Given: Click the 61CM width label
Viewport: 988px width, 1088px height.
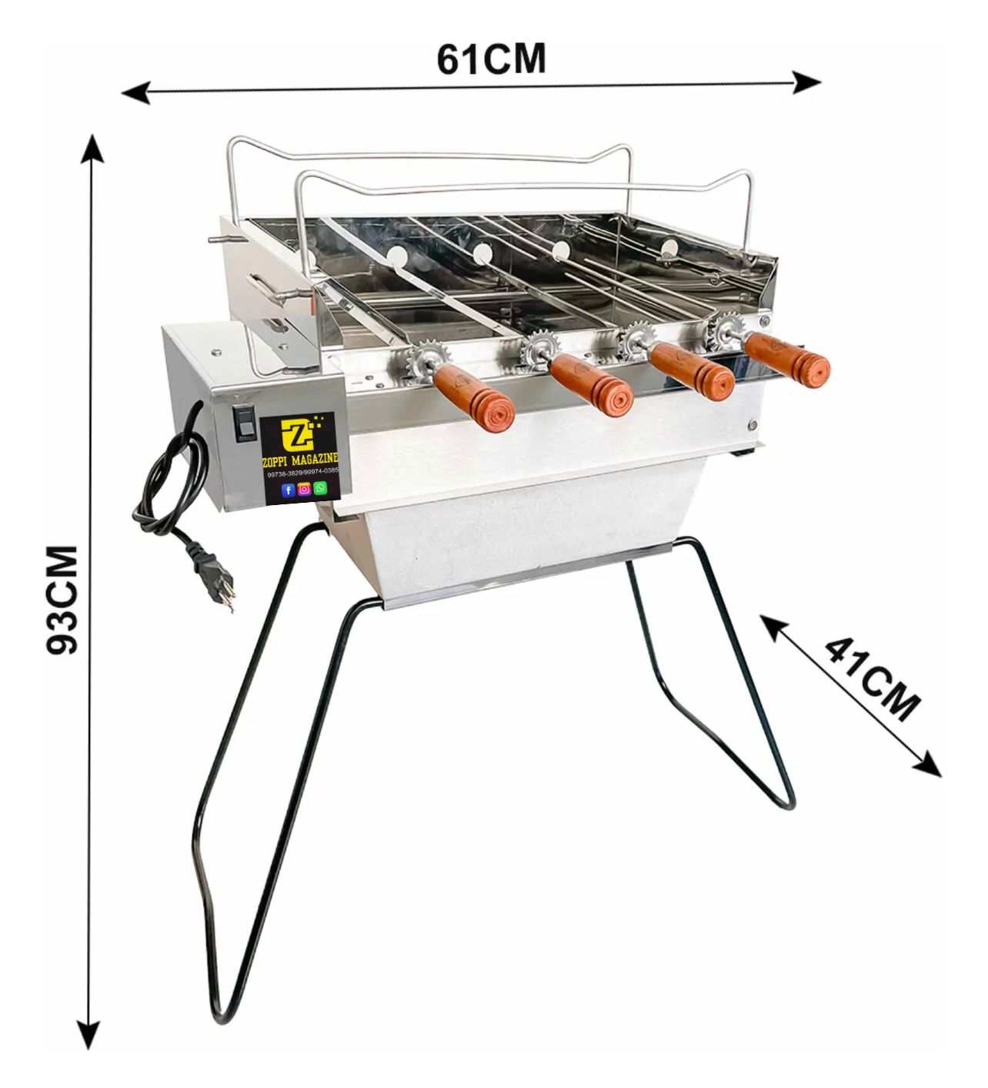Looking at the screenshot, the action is click(491, 59).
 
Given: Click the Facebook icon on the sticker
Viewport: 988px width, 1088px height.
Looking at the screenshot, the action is click(288, 490).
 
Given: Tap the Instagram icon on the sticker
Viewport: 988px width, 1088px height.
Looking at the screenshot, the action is click(304, 489).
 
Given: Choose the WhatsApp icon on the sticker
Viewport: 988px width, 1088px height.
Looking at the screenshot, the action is click(320, 488).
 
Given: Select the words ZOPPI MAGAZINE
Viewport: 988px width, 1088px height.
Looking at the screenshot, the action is click(300, 460).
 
